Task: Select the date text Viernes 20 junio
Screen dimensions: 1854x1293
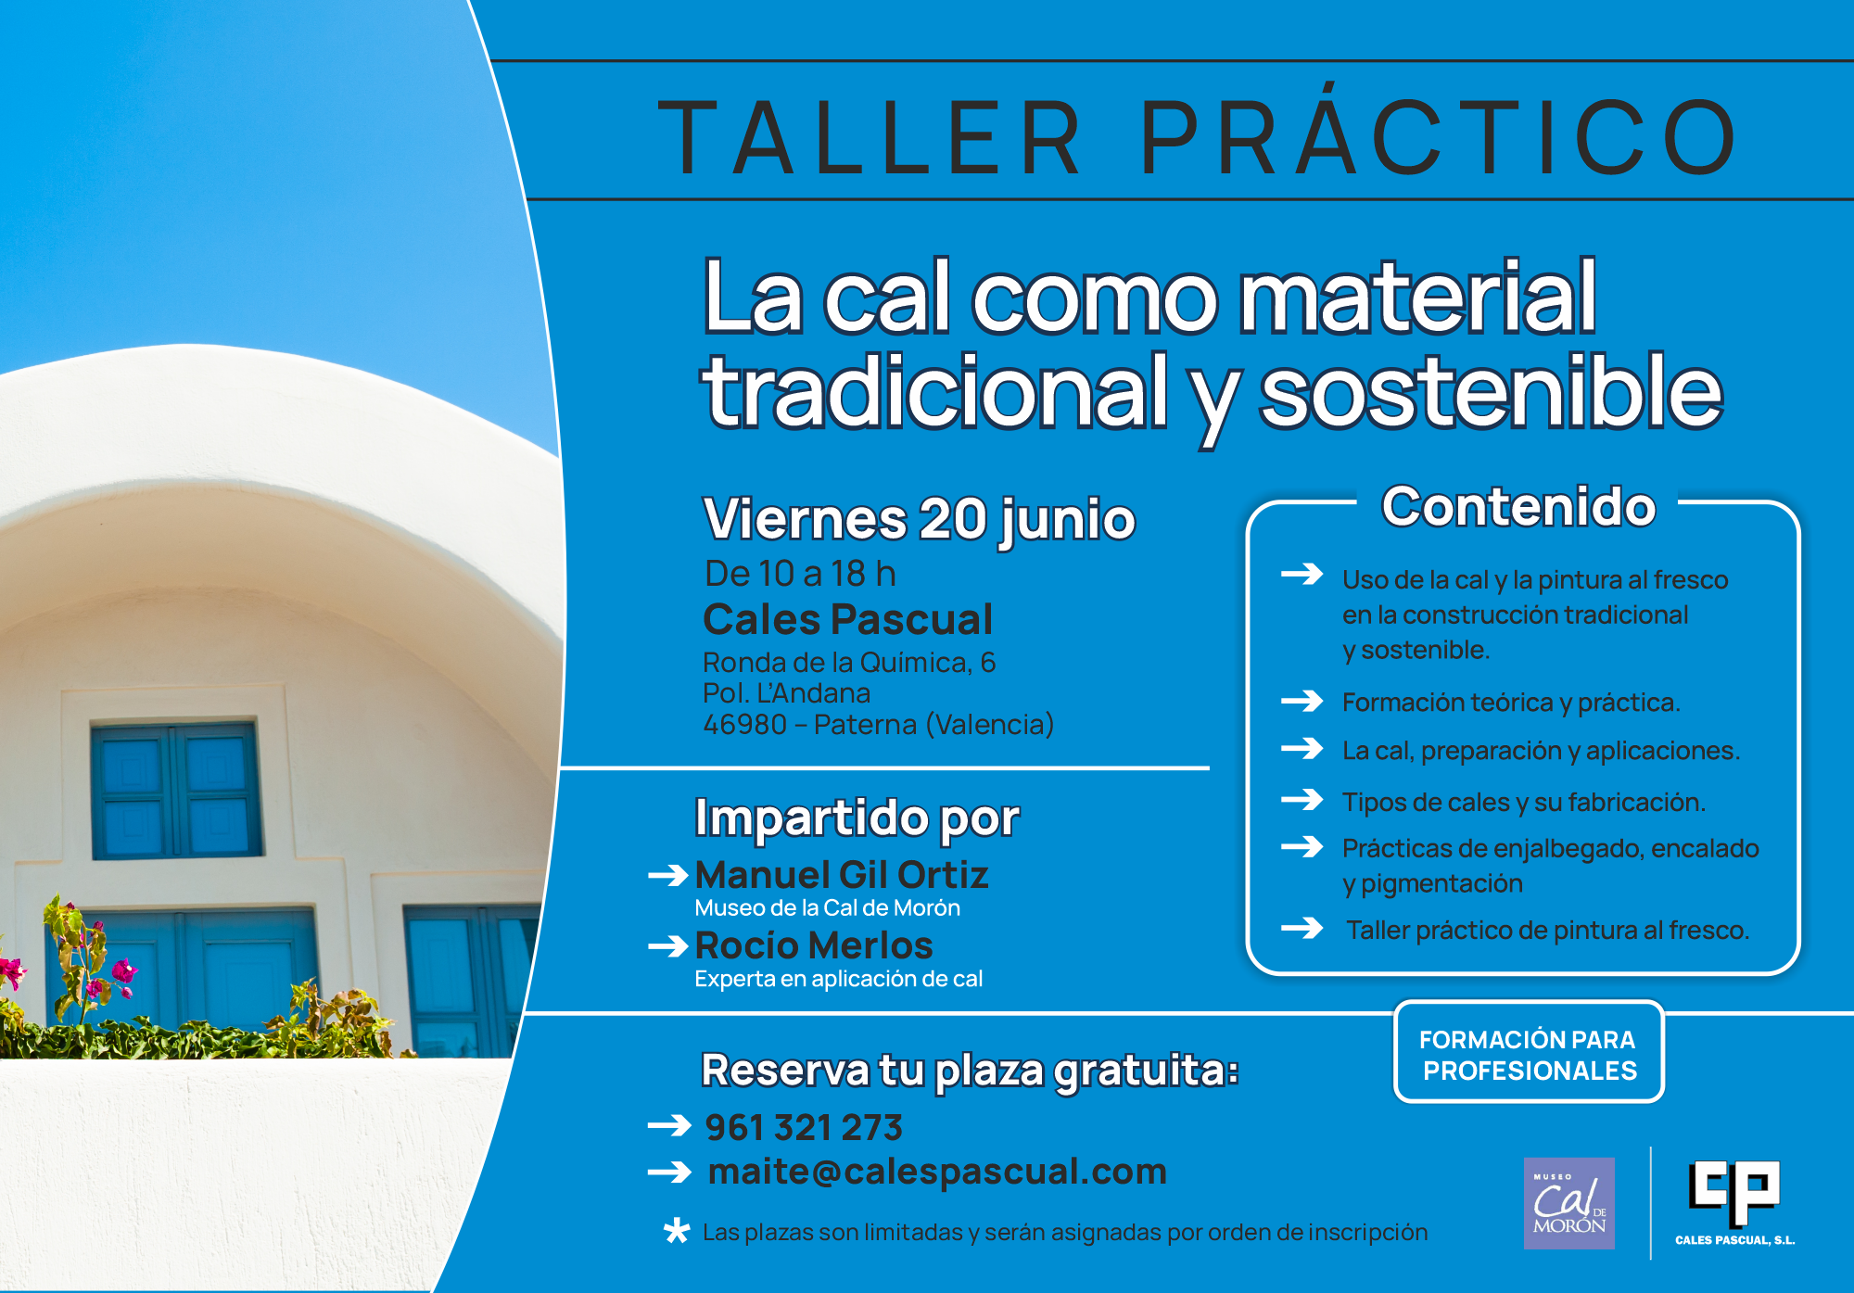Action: pos(920,519)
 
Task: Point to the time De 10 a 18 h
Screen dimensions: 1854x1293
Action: pos(800,574)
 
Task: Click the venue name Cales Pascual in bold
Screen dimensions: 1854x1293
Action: pos(847,619)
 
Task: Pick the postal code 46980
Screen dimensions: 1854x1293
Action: pos(744,724)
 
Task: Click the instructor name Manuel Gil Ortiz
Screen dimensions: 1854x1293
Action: pos(842,875)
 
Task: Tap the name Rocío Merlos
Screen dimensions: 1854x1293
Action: pos(814,945)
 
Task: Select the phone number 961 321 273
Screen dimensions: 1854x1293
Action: pos(804,1127)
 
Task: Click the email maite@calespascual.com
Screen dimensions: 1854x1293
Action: pos(937,1172)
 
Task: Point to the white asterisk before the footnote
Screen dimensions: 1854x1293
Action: pos(677,1231)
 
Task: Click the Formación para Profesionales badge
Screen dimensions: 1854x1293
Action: pos(1529,1052)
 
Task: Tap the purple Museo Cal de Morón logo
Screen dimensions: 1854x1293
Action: pos(1569,1203)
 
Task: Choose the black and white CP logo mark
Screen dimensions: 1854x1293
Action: pos(1733,1192)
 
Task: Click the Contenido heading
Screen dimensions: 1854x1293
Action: pos(1518,506)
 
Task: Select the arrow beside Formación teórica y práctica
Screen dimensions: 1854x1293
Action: pos(1302,701)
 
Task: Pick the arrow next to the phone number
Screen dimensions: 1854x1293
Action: pos(669,1126)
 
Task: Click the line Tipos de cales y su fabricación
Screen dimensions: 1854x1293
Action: pos(1524,802)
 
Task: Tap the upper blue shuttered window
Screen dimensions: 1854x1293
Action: pos(176,790)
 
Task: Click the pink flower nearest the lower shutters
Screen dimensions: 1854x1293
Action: pos(122,973)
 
